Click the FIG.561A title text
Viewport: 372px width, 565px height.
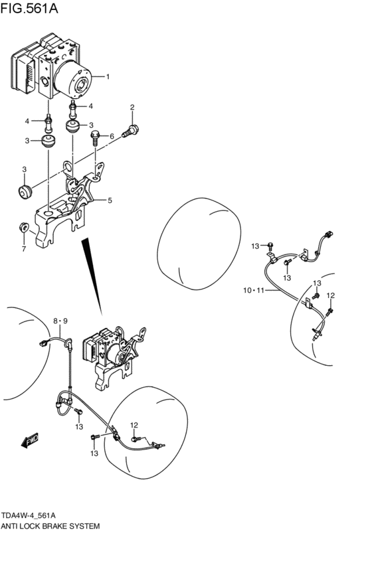(x=29, y=8)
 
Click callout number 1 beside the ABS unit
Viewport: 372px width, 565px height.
(x=108, y=76)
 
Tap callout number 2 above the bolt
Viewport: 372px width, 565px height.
(x=132, y=107)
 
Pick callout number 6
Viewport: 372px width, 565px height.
(x=112, y=136)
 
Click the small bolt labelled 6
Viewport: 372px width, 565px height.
(x=96, y=137)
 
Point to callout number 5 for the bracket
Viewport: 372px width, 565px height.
(x=110, y=201)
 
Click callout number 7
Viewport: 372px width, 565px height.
(x=24, y=248)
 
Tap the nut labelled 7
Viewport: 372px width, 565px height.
(x=24, y=227)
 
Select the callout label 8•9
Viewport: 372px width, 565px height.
(x=60, y=321)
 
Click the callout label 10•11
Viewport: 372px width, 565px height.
(x=254, y=290)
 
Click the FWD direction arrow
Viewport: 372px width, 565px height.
(x=30, y=440)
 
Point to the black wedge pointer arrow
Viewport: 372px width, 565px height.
(x=92, y=276)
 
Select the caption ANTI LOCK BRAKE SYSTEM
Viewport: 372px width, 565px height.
(x=50, y=526)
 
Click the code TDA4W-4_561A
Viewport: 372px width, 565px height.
(x=29, y=515)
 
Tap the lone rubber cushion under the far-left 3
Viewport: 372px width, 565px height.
(x=25, y=191)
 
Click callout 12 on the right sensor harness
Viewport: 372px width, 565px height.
(x=331, y=296)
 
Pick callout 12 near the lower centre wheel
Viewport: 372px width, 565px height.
(x=134, y=426)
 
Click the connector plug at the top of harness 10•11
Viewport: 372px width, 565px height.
(x=328, y=234)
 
